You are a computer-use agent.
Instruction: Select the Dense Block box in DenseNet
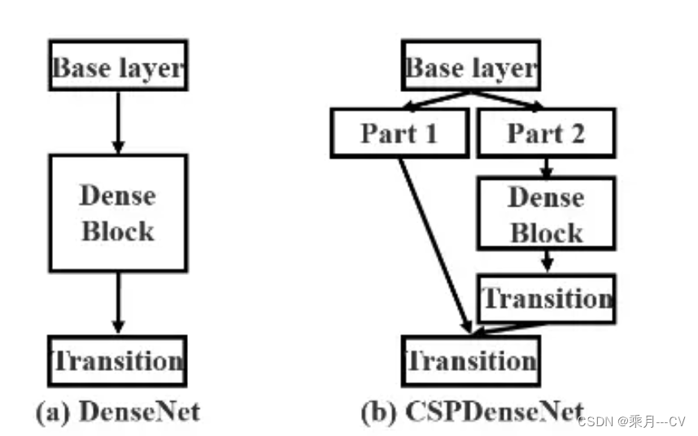[118, 212]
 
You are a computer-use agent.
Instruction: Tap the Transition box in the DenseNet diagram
[118, 360]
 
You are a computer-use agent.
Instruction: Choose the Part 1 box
[399, 133]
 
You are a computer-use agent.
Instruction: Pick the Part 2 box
[546, 133]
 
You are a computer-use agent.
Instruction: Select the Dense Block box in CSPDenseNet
[546, 215]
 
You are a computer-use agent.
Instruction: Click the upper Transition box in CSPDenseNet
[546, 298]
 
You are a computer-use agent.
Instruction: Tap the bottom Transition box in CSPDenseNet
[470, 360]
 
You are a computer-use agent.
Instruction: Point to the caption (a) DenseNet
[118, 412]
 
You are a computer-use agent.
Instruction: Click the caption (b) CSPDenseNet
[472, 412]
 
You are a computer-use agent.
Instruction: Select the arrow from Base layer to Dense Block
[118, 121]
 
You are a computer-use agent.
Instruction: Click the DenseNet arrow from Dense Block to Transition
[118, 303]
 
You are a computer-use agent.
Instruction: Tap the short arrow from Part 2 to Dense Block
[546, 168]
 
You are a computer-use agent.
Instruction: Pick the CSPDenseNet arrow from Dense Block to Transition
[546, 261]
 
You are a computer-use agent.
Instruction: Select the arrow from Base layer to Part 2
[508, 101]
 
